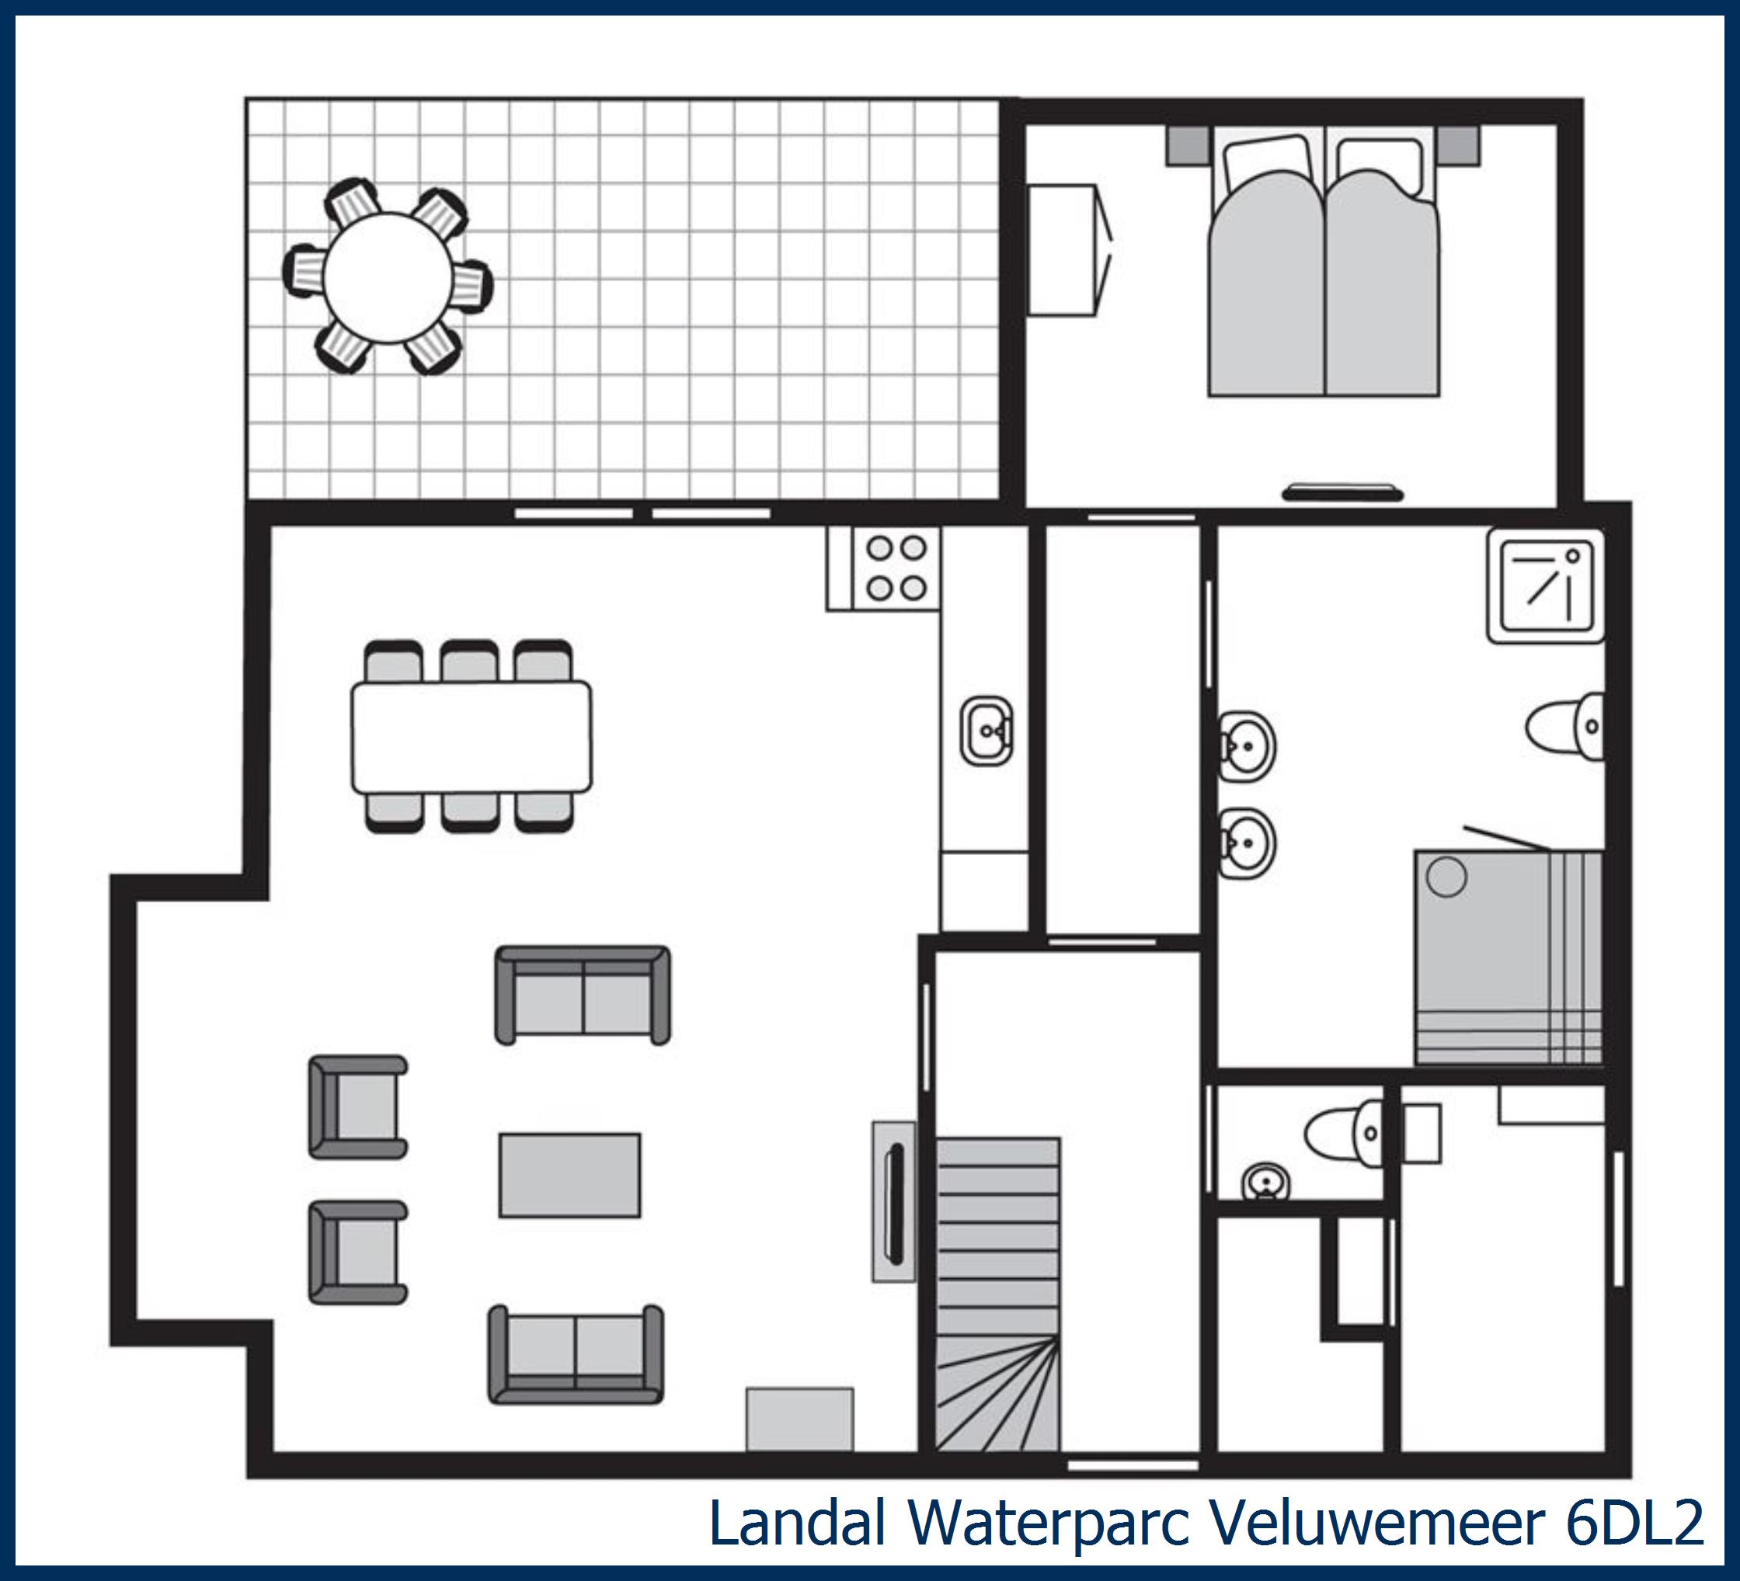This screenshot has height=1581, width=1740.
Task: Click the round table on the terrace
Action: pos(388,277)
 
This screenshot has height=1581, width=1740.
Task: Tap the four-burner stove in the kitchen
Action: pos(896,568)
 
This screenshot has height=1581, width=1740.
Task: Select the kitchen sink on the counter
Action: pos(987,731)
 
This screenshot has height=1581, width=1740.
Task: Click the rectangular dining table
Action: pos(472,737)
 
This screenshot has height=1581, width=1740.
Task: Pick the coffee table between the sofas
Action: pos(569,1175)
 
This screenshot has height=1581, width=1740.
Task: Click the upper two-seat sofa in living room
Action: pos(583,995)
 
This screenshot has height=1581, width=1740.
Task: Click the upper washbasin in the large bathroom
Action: pos(1245,746)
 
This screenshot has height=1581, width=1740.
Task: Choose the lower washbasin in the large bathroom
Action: pos(1245,843)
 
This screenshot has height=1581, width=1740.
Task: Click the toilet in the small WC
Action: pos(1345,1133)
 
